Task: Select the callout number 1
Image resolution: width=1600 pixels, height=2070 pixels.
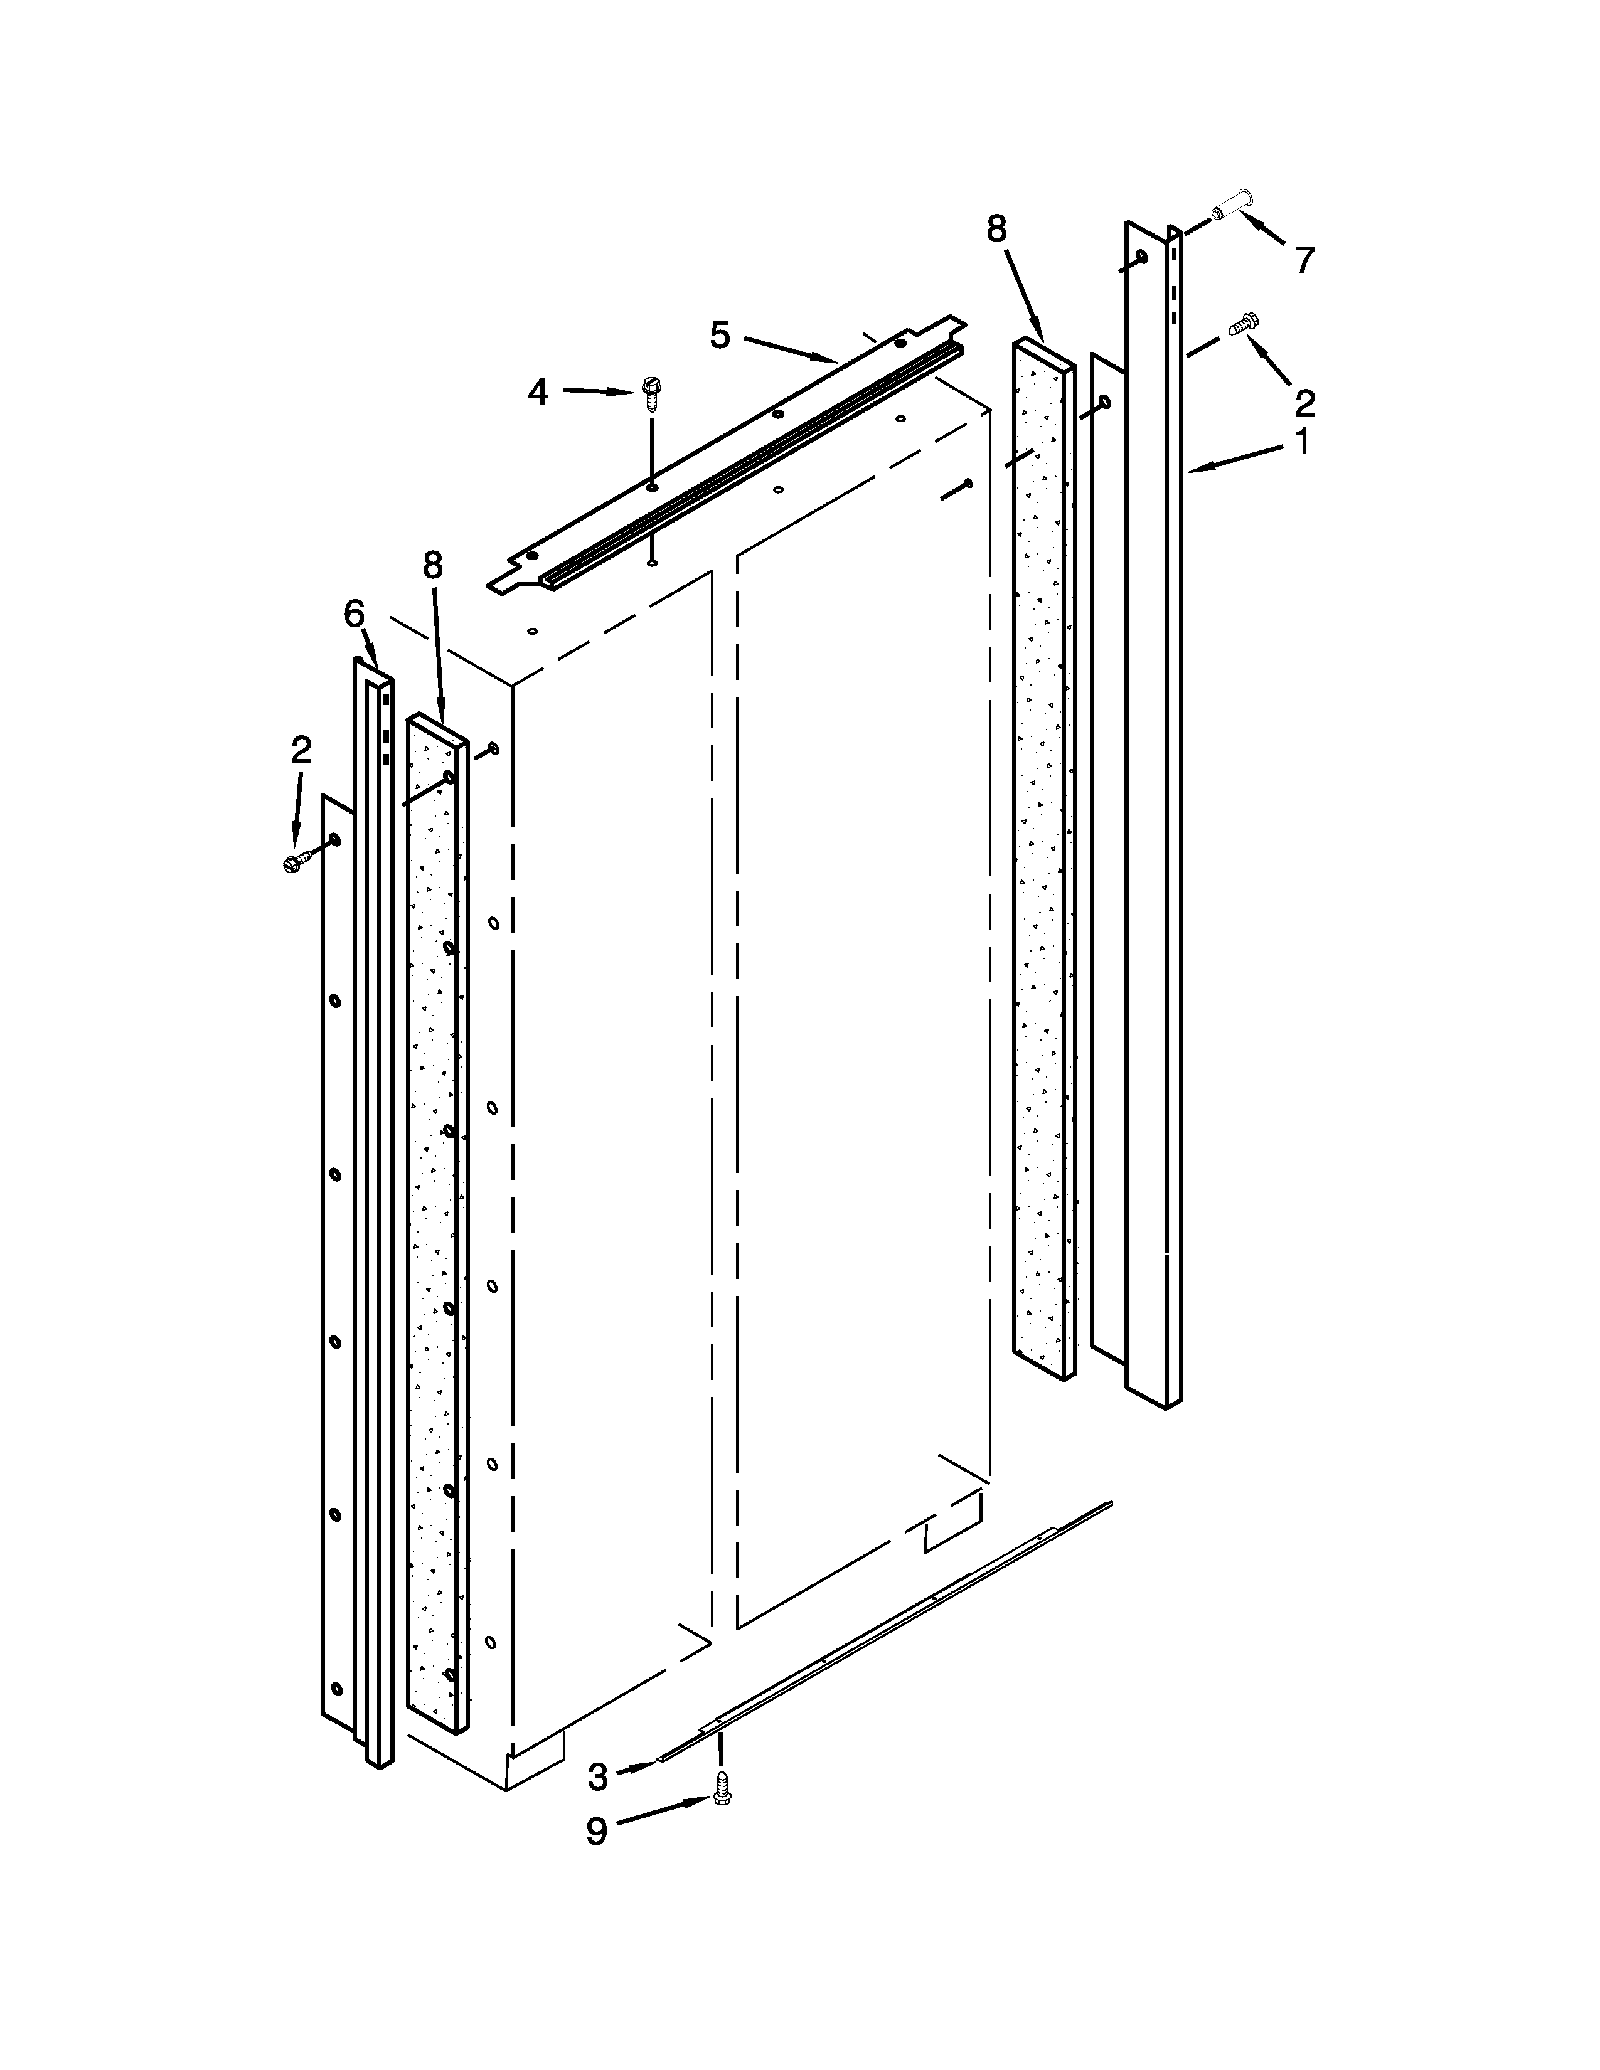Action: click(1303, 442)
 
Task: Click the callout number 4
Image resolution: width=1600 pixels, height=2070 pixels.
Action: click(538, 391)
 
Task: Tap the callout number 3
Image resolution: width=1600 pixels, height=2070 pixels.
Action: click(597, 1777)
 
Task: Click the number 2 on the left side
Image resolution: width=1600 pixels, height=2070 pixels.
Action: click(301, 751)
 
